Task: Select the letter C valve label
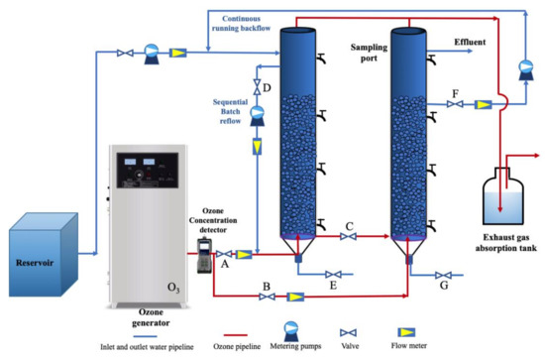[x=349, y=224]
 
